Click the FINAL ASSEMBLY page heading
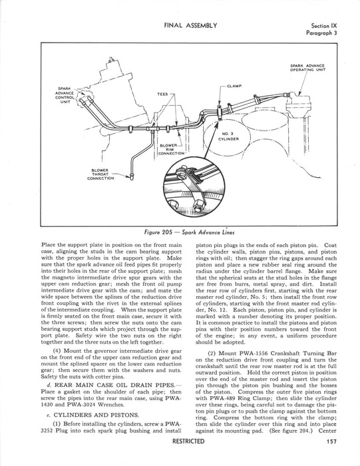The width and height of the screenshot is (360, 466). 190,25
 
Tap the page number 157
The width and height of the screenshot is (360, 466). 332,441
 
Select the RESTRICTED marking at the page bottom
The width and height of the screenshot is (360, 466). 188,441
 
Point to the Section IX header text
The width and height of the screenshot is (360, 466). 324,26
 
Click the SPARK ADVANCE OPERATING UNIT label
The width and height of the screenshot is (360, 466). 307,68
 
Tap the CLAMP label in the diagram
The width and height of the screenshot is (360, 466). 234,86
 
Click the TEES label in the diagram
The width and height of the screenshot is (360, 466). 162,95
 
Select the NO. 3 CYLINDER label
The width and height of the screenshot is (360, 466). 228,136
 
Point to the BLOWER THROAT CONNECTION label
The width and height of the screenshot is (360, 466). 100,174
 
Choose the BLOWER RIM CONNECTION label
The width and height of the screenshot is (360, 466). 172,150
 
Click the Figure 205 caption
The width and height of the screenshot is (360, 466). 187,232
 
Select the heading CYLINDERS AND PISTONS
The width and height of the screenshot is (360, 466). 96,415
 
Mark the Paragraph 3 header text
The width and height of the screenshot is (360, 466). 321,33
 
